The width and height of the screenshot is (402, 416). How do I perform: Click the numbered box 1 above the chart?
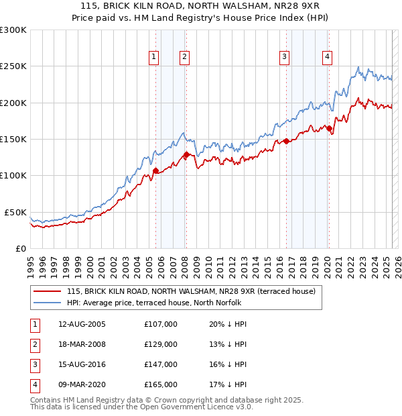coord(154,57)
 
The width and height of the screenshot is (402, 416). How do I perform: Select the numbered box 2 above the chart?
coord(184,57)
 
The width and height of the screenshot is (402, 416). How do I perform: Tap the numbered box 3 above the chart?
coord(285,57)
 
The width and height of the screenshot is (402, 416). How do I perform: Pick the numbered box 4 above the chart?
coord(327,57)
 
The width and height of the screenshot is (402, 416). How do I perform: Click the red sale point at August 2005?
coord(155,170)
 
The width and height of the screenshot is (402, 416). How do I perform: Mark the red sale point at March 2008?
coord(186,155)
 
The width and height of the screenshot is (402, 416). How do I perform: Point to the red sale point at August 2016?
coord(286,141)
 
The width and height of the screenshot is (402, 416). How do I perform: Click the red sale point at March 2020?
coord(329,128)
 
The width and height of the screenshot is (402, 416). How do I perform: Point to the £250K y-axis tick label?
coord(13,66)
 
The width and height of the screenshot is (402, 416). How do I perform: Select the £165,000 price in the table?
coord(161,384)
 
